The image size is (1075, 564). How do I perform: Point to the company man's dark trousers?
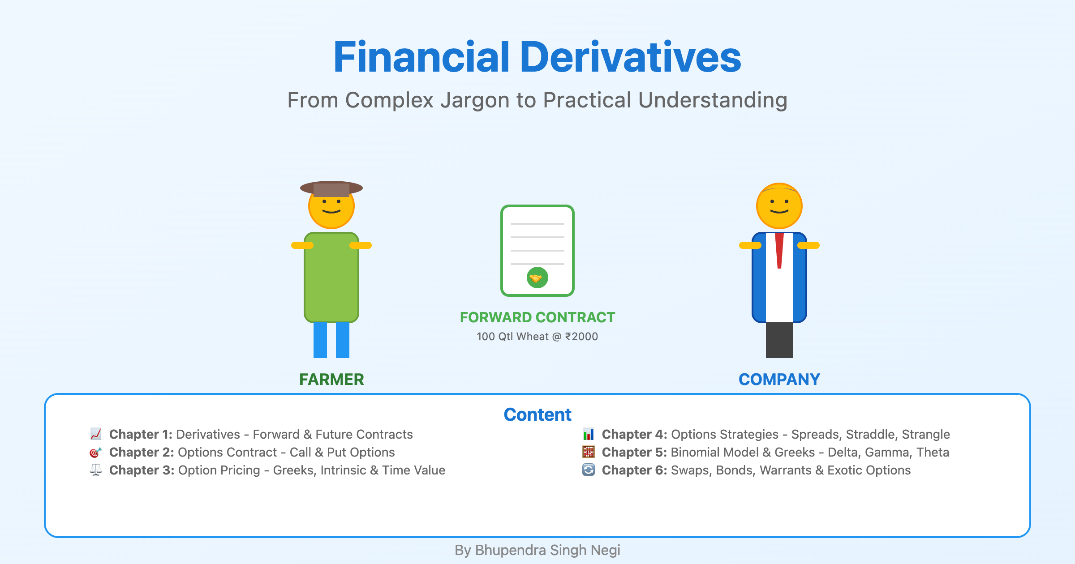pyautogui.click(x=779, y=340)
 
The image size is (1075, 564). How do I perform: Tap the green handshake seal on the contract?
pyautogui.click(x=537, y=278)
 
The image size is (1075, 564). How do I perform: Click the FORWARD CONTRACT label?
pyautogui.click(x=537, y=317)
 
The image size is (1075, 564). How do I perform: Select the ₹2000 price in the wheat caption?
pyautogui.click(x=581, y=337)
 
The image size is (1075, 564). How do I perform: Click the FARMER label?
pyautogui.click(x=331, y=380)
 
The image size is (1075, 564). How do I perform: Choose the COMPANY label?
pyautogui.click(x=779, y=380)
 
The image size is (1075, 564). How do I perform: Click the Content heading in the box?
pyautogui.click(x=537, y=415)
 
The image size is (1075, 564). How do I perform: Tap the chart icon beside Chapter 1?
pyautogui.click(x=96, y=434)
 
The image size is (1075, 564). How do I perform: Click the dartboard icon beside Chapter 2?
pyautogui.click(x=96, y=453)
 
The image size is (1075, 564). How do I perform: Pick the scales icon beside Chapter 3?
pyautogui.click(x=96, y=470)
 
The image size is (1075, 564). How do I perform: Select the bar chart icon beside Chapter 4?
pyautogui.click(x=589, y=434)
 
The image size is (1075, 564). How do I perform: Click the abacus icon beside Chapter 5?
pyautogui.click(x=589, y=453)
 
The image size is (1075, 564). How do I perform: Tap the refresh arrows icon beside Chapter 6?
pyautogui.click(x=589, y=470)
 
